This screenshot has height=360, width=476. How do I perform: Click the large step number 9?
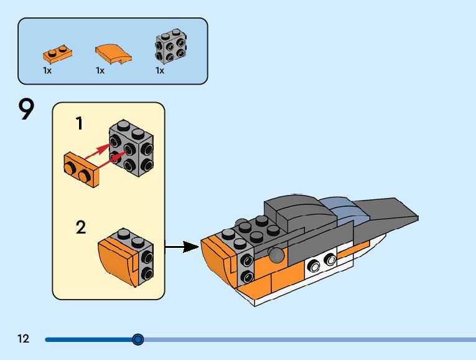click(x=26, y=110)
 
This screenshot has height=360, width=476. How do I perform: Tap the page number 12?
click(x=24, y=339)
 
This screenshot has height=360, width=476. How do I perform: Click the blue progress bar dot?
click(x=138, y=339)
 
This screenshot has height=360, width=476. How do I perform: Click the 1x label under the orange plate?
click(x=47, y=70)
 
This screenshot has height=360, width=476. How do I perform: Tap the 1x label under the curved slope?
click(x=100, y=70)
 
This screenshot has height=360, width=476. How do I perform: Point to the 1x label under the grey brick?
click(x=160, y=70)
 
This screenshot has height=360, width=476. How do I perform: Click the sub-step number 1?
click(x=79, y=124)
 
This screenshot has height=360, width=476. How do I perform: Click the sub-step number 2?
click(x=81, y=227)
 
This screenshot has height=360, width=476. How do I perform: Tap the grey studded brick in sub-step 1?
click(x=131, y=147)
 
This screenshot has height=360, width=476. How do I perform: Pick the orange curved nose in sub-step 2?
click(x=116, y=259)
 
